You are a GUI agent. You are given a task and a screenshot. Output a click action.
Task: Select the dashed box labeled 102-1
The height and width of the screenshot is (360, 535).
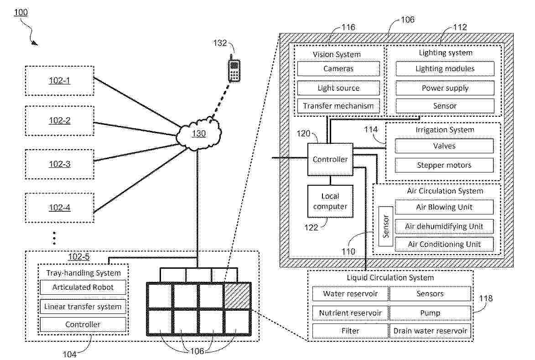tap(59, 81)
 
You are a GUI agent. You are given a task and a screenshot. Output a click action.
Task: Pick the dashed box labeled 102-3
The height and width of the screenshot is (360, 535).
tap(59, 164)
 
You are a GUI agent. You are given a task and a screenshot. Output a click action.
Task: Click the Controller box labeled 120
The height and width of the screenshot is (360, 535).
tap(330, 159)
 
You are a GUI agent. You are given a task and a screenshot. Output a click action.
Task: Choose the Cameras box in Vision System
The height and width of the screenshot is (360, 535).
tap(338, 69)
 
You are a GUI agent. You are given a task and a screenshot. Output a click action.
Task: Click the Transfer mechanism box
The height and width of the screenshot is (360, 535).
tap(338, 106)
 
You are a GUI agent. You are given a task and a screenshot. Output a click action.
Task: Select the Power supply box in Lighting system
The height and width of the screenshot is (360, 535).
tap(445, 88)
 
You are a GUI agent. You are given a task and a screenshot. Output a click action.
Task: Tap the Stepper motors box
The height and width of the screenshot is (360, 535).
tap(444, 165)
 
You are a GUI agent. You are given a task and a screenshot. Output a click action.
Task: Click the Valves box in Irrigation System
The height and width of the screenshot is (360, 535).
tap(444, 146)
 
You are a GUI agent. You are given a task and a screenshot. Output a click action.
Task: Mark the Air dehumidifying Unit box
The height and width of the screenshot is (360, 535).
tap(444, 226)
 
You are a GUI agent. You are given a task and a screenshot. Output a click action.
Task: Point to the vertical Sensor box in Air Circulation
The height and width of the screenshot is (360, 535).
tap(386, 226)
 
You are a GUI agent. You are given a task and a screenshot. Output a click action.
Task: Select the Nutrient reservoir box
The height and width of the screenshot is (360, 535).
tap(350, 313)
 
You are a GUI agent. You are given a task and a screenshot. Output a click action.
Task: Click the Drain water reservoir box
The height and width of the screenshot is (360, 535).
tap(430, 331)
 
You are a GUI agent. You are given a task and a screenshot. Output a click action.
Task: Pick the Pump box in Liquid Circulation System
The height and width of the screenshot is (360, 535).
tap(430, 313)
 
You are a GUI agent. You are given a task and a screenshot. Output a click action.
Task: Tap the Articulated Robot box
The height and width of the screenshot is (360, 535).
tap(83, 287)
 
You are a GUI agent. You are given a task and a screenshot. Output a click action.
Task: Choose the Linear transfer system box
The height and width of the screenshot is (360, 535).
tap(83, 306)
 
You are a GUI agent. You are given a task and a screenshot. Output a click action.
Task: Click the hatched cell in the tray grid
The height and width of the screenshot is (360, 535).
tap(237, 296)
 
